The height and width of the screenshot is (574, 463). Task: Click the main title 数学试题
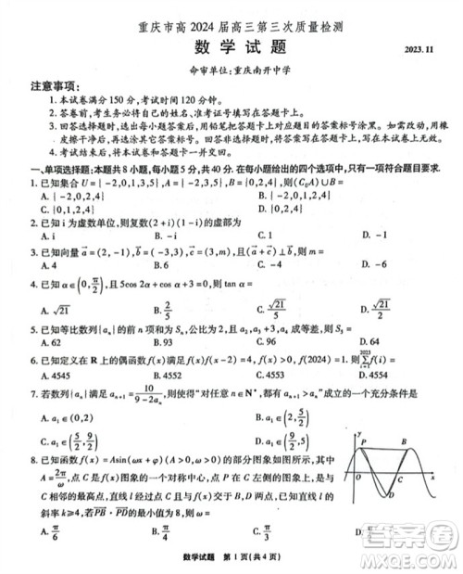pyautogui.click(x=231, y=47)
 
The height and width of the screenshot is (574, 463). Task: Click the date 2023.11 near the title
pyautogui.click(x=418, y=52)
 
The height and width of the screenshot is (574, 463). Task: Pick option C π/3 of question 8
pyautogui.click(x=264, y=532)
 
